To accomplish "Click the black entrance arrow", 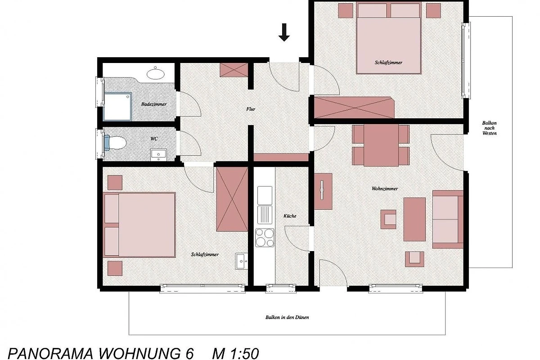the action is [x=284, y=32].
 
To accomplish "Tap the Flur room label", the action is [x=251, y=109].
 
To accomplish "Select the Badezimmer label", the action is [x=154, y=104].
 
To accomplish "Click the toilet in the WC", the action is [x=115, y=143].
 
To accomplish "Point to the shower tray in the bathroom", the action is [x=117, y=106].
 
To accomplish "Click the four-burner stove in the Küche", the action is [x=265, y=238].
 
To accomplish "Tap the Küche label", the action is [x=290, y=216].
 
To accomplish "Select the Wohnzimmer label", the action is [x=384, y=189].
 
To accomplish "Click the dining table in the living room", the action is [x=381, y=145].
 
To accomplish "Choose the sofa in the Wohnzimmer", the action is [x=448, y=220].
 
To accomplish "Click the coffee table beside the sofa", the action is [x=414, y=219].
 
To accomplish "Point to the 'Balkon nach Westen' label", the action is [x=490, y=128].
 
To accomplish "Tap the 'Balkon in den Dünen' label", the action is [x=287, y=317].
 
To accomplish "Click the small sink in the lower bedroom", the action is [x=242, y=261].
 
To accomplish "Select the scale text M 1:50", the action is [x=235, y=353].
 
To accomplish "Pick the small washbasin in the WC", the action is [x=158, y=154].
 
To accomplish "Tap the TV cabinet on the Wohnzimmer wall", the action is [x=323, y=191].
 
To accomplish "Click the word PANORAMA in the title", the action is [x=50, y=354].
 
